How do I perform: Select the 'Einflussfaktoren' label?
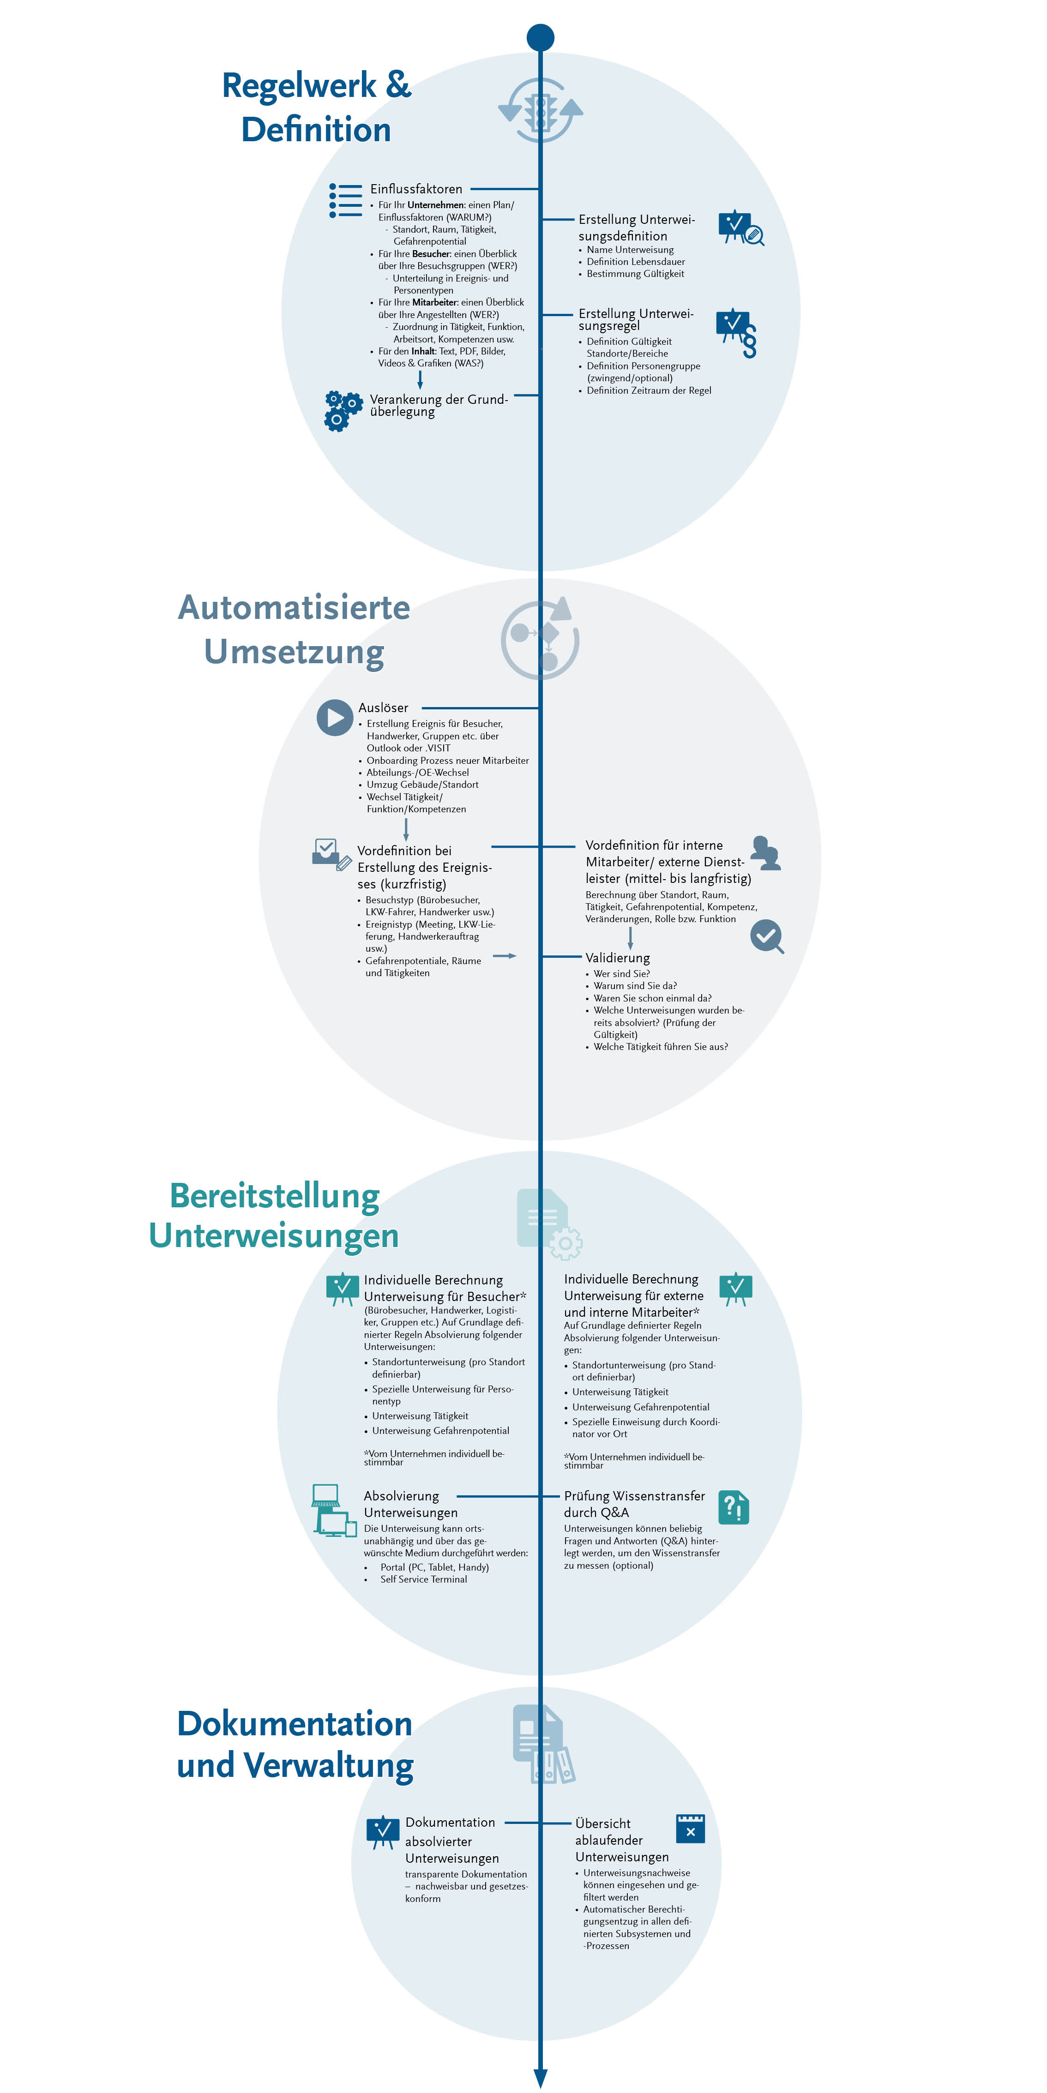[x=416, y=188]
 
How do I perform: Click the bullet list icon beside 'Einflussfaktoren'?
[x=345, y=200]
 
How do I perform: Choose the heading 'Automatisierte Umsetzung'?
[x=294, y=630]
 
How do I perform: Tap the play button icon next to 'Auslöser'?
[x=334, y=718]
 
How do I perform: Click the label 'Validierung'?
[x=618, y=958]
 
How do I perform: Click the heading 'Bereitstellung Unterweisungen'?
[x=274, y=1216]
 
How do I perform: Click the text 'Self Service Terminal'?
[x=423, y=1579]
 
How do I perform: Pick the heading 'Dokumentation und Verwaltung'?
[x=295, y=1744]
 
